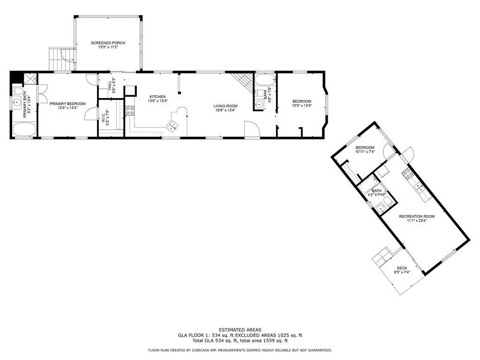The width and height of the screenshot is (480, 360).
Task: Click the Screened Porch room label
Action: tap(108, 43)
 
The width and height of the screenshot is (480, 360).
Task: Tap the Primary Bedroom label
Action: tap(67, 104)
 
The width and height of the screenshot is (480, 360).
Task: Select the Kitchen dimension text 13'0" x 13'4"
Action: tap(157, 101)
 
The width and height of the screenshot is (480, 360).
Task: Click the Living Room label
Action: tap(225, 106)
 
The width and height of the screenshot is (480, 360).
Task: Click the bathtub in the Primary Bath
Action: tap(24, 129)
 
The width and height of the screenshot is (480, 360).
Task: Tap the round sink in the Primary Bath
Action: tap(17, 103)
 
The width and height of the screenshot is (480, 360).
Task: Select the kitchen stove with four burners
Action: tap(129, 110)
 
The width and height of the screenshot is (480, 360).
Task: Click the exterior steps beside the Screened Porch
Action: tap(62, 59)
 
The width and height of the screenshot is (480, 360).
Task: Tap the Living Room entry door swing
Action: tap(252, 130)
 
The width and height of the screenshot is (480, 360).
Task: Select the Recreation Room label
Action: tap(417, 217)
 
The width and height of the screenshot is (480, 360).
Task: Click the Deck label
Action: tap(402, 268)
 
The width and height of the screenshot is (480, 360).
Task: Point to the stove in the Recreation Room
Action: tap(408, 174)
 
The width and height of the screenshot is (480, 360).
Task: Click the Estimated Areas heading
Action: tap(240, 330)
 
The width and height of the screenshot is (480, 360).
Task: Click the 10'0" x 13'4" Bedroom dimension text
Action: tap(302, 105)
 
